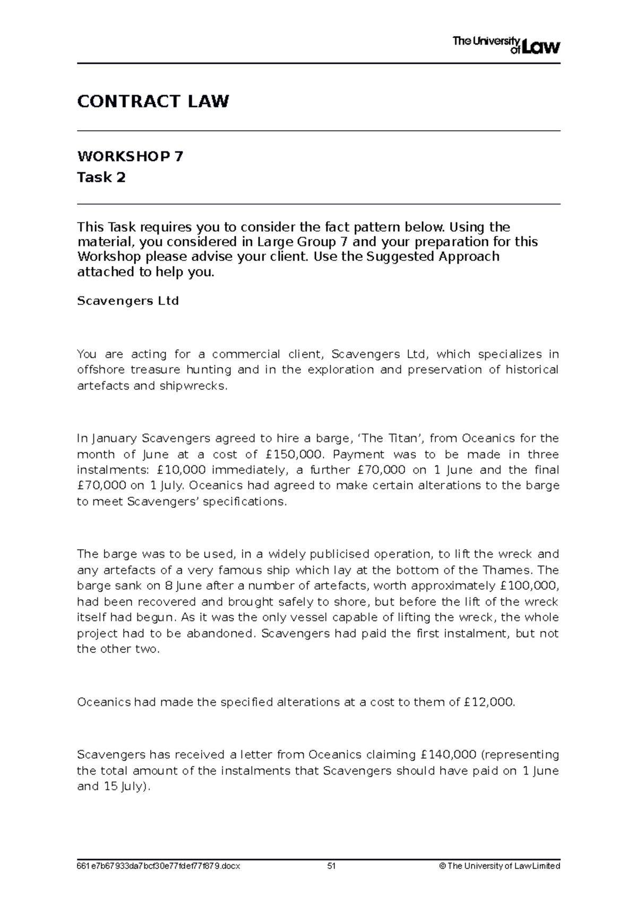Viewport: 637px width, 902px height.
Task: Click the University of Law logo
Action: pyautogui.click(x=506, y=45)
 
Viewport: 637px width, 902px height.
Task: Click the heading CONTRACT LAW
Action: pyautogui.click(x=153, y=101)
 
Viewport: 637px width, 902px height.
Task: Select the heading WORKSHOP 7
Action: pyautogui.click(x=130, y=157)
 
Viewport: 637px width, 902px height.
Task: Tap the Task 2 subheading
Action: pyautogui.click(x=101, y=177)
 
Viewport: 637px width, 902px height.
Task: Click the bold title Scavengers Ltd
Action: pyautogui.click(x=128, y=301)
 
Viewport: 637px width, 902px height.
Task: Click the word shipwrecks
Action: pyautogui.click(x=193, y=386)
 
